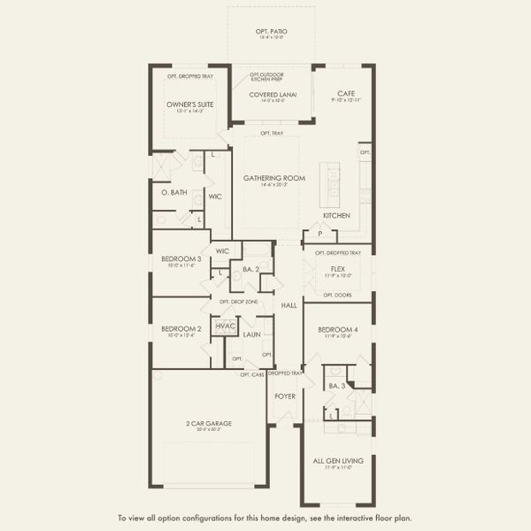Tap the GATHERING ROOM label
[274, 178]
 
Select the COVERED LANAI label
[274, 94]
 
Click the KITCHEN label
[336, 216]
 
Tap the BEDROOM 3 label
[181, 258]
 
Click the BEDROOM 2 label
[181, 328]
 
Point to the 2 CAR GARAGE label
[209, 424]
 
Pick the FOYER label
[284, 396]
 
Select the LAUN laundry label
[251, 335]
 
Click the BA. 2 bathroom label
[250, 268]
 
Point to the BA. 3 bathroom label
[336, 386]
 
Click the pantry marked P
[319, 235]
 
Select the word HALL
[289, 305]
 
